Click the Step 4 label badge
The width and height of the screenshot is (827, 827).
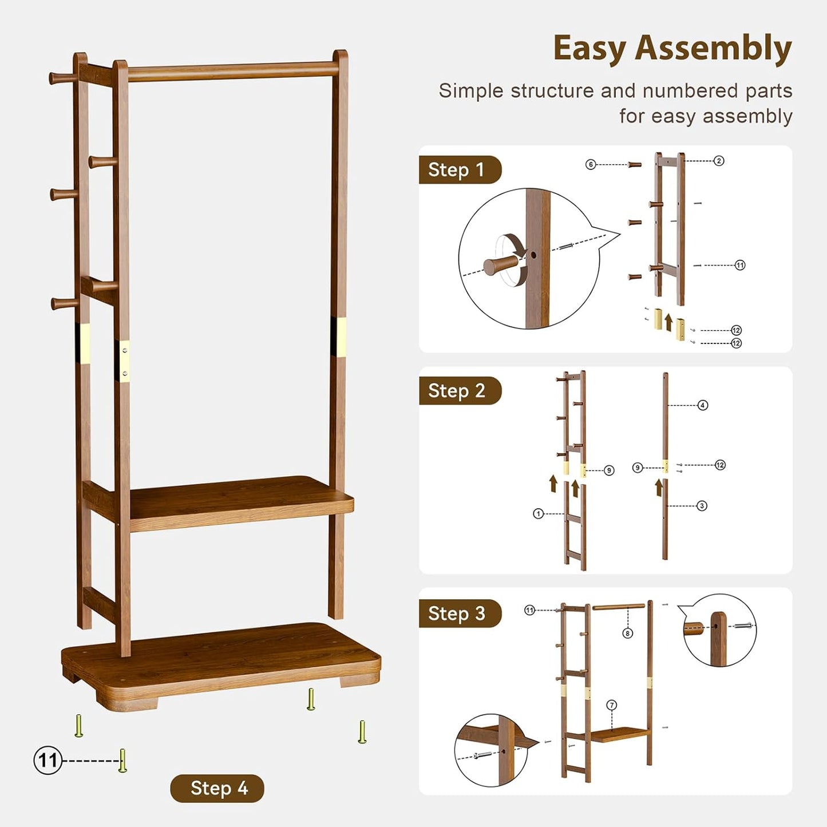click(217, 788)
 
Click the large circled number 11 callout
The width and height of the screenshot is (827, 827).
click(48, 761)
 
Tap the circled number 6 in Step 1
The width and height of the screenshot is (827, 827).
click(591, 165)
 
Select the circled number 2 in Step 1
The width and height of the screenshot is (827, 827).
click(719, 161)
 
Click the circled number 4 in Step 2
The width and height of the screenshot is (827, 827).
click(703, 405)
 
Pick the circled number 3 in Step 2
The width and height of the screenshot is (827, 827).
click(702, 506)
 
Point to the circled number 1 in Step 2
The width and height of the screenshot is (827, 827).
click(538, 514)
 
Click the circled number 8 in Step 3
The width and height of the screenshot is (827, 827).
click(628, 633)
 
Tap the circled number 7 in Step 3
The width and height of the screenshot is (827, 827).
click(612, 705)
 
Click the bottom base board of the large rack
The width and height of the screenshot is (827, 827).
click(223, 658)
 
